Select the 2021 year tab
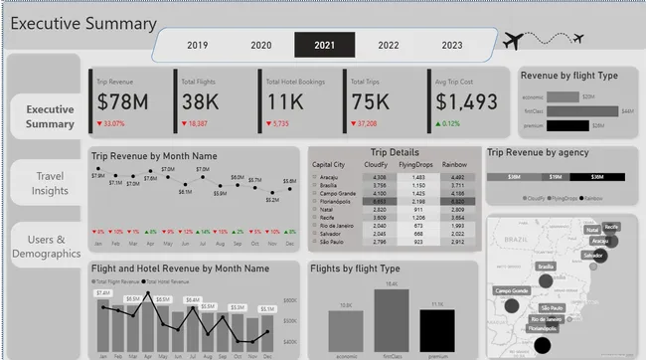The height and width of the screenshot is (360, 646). [x=324, y=45]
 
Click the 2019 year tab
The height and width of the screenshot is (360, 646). [x=197, y=45]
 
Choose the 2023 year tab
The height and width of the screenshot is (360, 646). [x=451, y=45]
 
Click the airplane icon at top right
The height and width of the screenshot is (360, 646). [x=514, y=41]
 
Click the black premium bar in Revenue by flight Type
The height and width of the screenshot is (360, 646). [x=567, y=125]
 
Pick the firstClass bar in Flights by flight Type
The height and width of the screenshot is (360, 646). [x=392, y=319]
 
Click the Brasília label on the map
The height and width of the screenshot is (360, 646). [x=545, y=267]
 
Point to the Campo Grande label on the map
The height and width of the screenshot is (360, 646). [x=512, y=291]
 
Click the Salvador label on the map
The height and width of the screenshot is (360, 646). [x=593, y=256]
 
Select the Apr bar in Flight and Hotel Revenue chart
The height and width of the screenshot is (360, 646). [x=148, y=322]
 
